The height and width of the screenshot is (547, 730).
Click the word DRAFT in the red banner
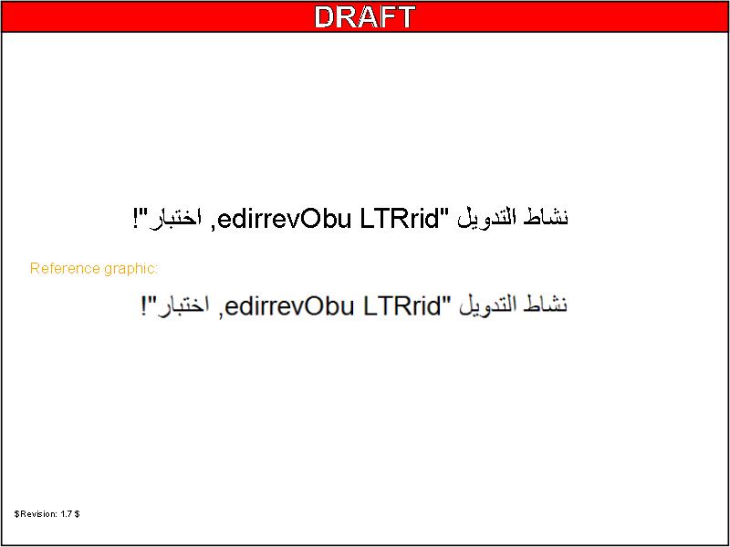pyautogui.click(x=364, y=16)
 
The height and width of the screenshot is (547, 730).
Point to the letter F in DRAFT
pyautogui.click(x=384, y=16)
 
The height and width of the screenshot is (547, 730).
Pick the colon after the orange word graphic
pyautogui.click(x=156, y=270)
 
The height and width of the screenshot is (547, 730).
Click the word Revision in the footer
pyautogui.click(x=37, y=514)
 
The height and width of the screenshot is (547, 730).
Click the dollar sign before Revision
pyautogui.click(x=16, y=514)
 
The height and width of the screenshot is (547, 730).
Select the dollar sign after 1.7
pyautogui.click(x=78, y=514)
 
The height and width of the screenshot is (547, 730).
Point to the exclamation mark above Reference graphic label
pyautogui.click(x=136, y=219)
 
